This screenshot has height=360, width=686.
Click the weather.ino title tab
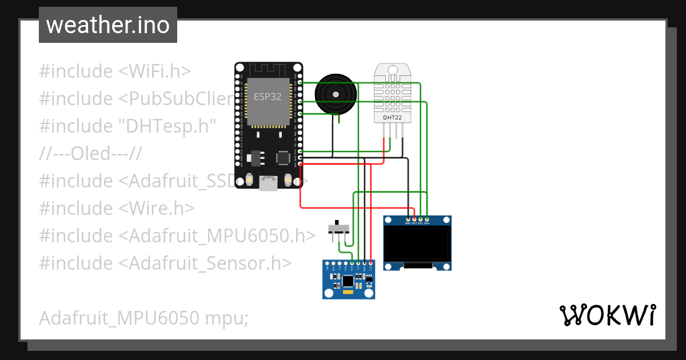point(107,25)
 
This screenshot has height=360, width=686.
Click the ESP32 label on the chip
point(268,97)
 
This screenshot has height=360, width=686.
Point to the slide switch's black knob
point(337,222)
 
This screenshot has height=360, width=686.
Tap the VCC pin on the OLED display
point(414,219)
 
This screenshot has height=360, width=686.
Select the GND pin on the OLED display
point(408,219)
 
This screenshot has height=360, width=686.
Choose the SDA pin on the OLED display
point(426,219)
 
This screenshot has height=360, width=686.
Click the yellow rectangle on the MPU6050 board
point(349,291)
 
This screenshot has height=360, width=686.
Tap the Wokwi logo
point(607,315)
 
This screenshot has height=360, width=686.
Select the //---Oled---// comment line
point(90,154)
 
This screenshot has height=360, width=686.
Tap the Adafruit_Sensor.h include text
point(206,263)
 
